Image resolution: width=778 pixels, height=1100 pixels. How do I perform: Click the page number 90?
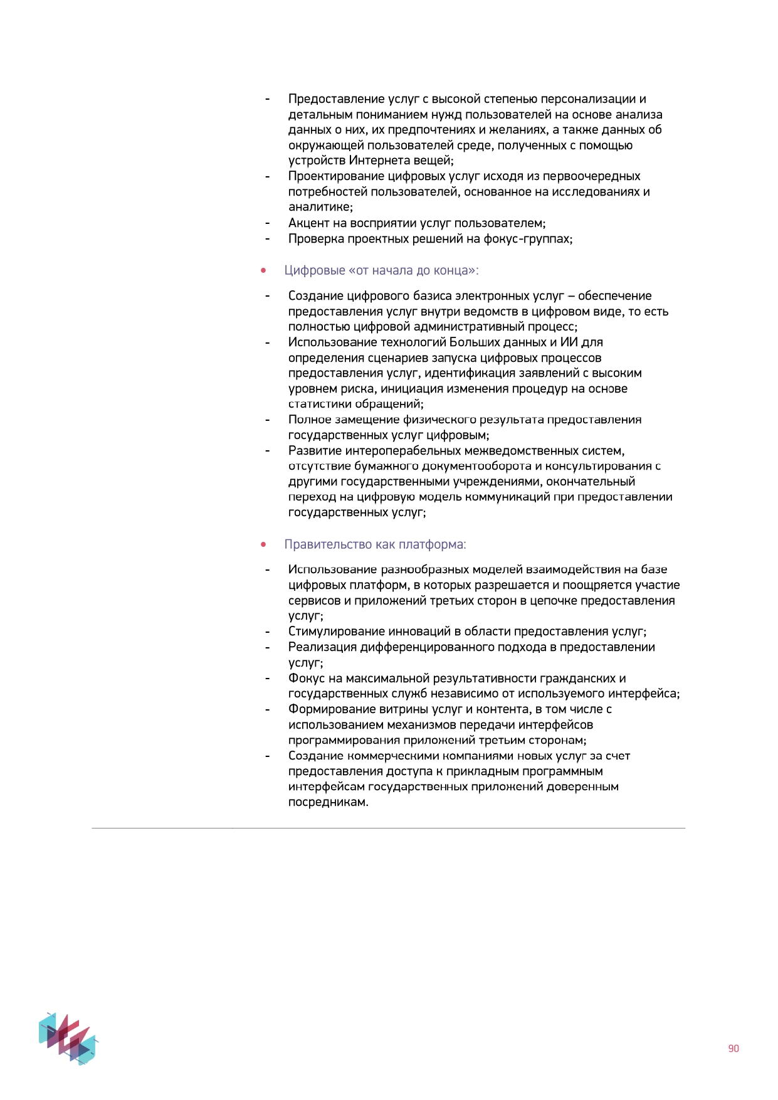coord(733,1049)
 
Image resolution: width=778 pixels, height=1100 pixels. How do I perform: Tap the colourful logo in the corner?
coord(68,1038)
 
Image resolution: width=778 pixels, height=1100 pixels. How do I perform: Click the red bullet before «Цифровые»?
coord(263,271)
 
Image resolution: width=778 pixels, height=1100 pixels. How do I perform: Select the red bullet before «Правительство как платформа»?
coord(263,544)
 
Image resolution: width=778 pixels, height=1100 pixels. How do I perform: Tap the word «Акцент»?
coord(308,223)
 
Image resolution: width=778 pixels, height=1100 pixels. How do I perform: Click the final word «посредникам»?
coord(328,802)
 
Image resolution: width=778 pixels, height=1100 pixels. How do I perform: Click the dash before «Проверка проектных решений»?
coord(267,239)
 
